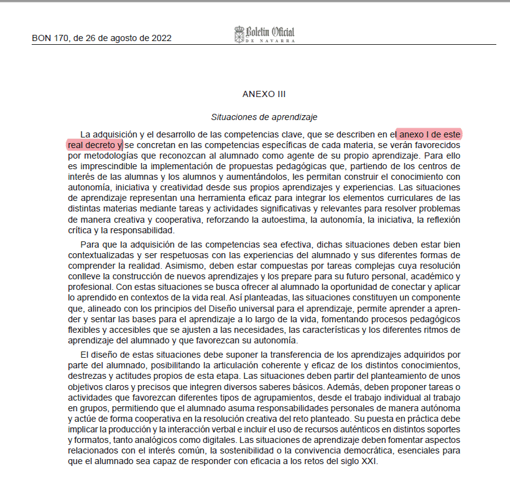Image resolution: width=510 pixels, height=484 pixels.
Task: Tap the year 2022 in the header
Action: tap(161, 37)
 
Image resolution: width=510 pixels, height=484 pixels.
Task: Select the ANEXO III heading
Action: tap(264, 94)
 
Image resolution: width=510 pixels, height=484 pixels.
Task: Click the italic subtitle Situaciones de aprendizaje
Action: tap(264, 116)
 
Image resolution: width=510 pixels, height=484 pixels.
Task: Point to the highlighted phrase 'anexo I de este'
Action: tap(430, 134)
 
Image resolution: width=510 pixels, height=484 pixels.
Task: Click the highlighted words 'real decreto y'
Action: tap(95, 145)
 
